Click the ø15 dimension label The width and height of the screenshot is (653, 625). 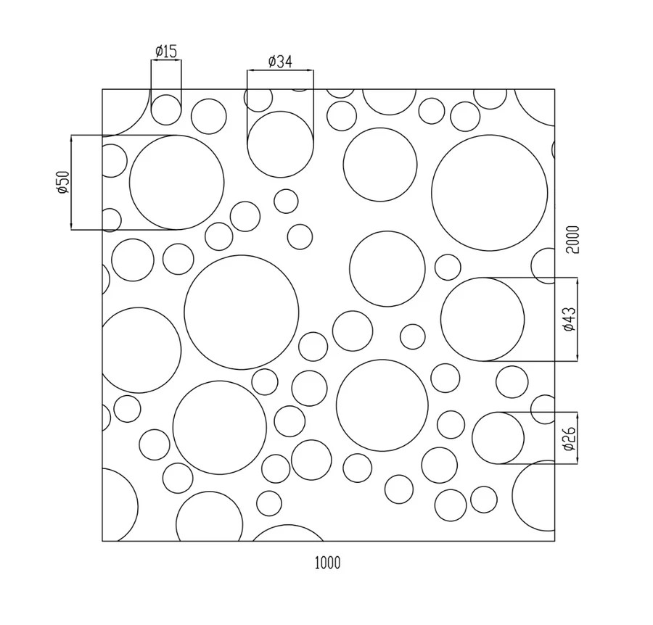click(166, 51)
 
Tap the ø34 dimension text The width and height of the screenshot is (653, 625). click(280, 62)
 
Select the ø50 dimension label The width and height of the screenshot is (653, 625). click(63, 182)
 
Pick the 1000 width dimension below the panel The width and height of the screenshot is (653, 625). click(327, 563)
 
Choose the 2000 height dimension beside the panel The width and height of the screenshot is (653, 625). click(573, 239)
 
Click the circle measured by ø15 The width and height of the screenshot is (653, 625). click(166, 95)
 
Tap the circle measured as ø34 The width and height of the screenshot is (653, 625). click(280, 112)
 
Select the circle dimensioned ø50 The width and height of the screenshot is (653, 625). click(176, 136)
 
